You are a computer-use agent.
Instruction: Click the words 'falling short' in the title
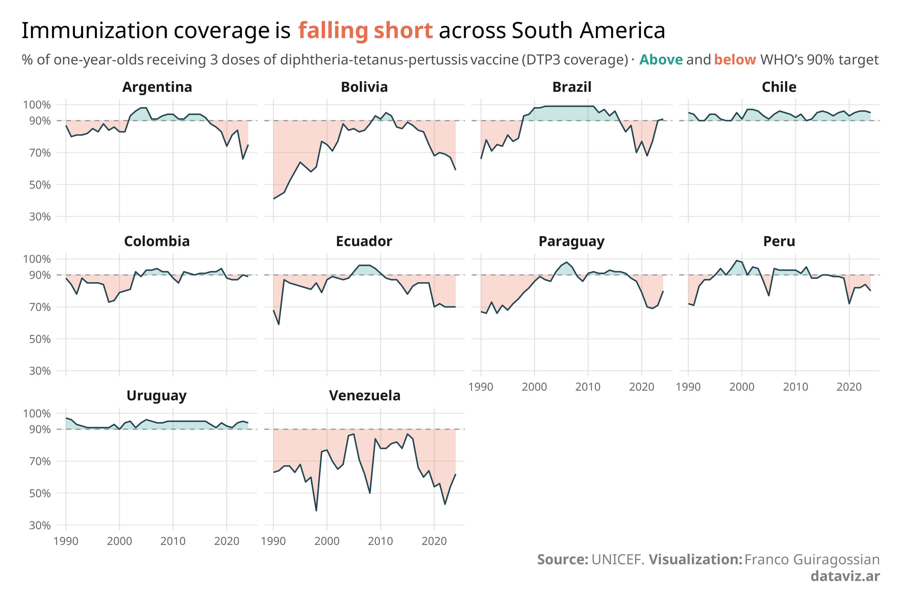click(365, 31)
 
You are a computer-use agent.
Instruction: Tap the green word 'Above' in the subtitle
click(661, 60)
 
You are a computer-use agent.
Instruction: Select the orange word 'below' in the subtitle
click(735, 60)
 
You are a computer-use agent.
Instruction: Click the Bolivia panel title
click(364, 87)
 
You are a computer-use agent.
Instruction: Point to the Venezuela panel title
click(364, 396)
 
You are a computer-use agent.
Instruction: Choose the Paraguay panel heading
click(571, 241)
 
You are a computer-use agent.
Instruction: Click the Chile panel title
click(779, 87)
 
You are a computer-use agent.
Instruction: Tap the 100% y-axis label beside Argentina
click(37, 105)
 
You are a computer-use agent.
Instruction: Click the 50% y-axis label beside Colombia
click(40, 339)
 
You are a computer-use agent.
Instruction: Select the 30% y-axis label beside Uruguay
click(40, 526)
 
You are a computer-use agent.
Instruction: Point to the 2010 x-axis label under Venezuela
click(380, 541)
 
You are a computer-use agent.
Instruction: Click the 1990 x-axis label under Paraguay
click(480, 387)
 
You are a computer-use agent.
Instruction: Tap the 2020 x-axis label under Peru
click(849, 387)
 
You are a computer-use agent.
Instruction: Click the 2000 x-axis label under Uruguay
click(119, 541)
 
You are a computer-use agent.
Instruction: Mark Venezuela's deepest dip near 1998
click(316, 511)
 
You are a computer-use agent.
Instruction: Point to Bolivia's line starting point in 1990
click(273, 199)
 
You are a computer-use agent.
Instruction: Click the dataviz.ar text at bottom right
click(845, 576)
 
